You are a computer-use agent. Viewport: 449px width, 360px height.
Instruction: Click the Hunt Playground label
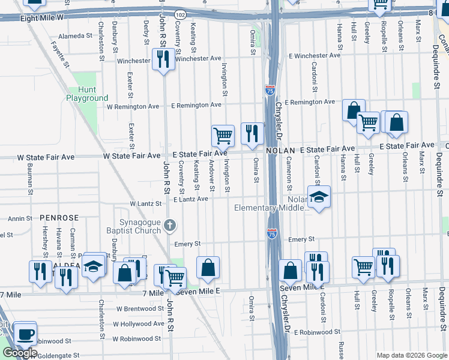tap(87, 94)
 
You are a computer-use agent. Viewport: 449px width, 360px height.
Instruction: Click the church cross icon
tap(170, 226)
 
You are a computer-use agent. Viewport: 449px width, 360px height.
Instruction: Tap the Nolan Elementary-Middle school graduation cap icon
tap(319, 196)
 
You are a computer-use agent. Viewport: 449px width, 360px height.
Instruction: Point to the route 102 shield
tap(180, 13)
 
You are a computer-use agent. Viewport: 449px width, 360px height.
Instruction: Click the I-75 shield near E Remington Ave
tap(270, 91)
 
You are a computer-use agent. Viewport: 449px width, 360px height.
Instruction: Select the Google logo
tap(20, 353)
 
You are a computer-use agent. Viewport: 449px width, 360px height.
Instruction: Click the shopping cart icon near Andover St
tap(223, 135)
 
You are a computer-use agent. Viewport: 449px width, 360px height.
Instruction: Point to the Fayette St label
tap(58, 53)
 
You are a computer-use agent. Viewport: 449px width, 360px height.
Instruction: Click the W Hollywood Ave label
tap(140, 323)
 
